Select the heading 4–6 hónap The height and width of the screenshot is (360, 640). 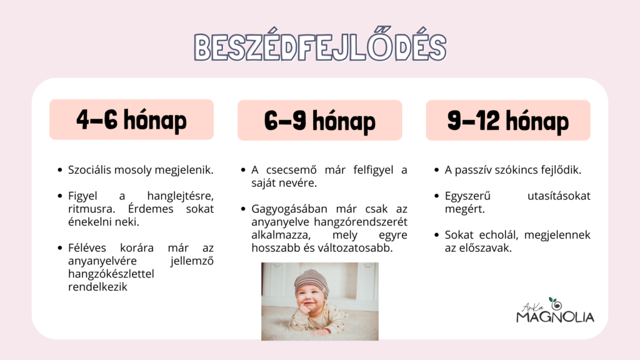[131, 120]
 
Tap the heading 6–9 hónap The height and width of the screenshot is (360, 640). [319, 121]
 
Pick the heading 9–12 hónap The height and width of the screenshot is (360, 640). [507, 121]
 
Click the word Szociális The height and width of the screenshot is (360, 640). [89, 170]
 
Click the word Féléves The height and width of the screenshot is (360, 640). [87, 247]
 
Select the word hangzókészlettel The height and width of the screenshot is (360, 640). [111, 274]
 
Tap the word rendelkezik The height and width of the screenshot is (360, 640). [97, 287]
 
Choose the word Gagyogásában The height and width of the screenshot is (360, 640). [289, 209]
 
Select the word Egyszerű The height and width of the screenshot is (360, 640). [467, 196]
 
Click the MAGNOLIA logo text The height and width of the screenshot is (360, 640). [555, 317]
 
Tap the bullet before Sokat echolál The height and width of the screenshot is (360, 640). [437, 235]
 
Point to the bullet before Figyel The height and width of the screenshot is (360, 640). [60, 196]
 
